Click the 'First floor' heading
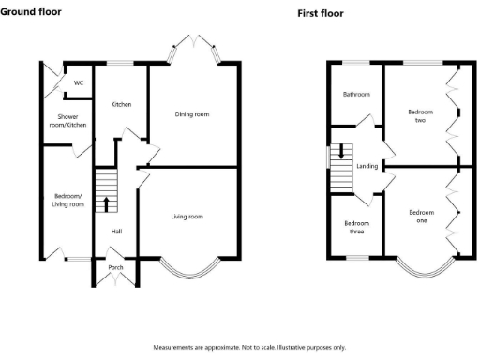pos(321,14)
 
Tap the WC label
pos(79,83)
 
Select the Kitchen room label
pos(121,105)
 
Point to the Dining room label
pos(191,114)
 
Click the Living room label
pos(187,217)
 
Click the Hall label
pos(116,231)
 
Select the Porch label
pos(115,267)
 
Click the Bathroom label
pos(356,95)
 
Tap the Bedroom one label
pos(422,216)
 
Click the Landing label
pos(367,166)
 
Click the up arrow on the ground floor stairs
pos(106,202)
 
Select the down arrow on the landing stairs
pos(341,151)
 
